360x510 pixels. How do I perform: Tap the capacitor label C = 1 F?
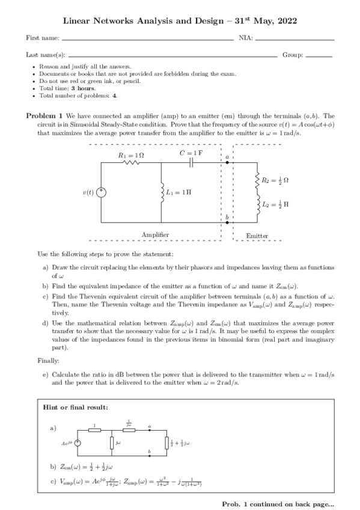pos(192,153)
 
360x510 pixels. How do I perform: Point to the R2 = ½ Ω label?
pos(276,180)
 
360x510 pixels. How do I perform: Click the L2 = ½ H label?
pos(276,204)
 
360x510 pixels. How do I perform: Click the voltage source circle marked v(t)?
pos(102,192)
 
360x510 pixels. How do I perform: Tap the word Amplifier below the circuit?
pos(155,235)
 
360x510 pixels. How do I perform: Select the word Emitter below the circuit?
pos(257,236)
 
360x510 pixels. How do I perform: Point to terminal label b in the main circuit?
pos(227,215)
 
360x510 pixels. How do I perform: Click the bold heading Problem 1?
pos(44,115)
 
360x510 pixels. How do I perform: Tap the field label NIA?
pos(246,38)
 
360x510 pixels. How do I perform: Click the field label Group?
pos(293,54)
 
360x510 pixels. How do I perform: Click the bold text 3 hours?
pos(83,88)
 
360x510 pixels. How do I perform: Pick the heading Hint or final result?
pos(76,407)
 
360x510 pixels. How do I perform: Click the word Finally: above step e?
pos(47,361)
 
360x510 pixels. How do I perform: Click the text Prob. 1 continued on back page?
pos(278,503)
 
